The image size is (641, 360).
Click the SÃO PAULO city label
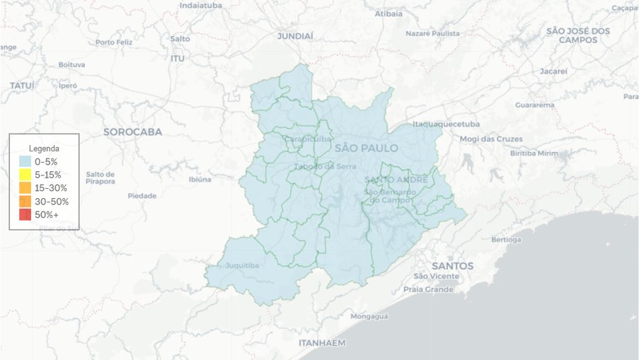366,148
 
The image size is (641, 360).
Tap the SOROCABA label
132,132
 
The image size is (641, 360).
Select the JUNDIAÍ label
294,35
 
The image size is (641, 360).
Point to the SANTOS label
453,266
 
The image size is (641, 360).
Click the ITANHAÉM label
322,343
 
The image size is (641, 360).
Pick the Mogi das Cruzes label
491,139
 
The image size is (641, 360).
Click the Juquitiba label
242,266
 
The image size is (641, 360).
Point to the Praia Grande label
428,289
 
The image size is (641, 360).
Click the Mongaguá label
369,316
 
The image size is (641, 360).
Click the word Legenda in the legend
43,149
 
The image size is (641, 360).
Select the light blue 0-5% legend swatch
25,162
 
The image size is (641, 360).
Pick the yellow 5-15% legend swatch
25,175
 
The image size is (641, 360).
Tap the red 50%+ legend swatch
25,214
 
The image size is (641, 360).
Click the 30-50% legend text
51,202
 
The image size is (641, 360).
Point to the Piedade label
142,196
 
